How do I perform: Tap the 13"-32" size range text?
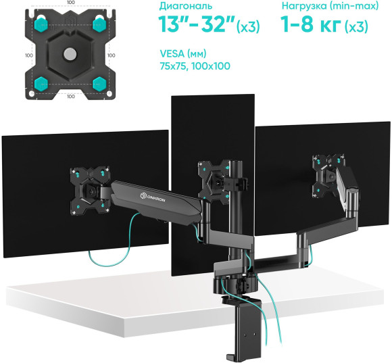(196, 26)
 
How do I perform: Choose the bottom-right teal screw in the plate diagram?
(101, 84)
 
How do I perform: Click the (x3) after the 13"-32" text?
(248, 28)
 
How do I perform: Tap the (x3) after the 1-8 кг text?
(356, 28)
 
